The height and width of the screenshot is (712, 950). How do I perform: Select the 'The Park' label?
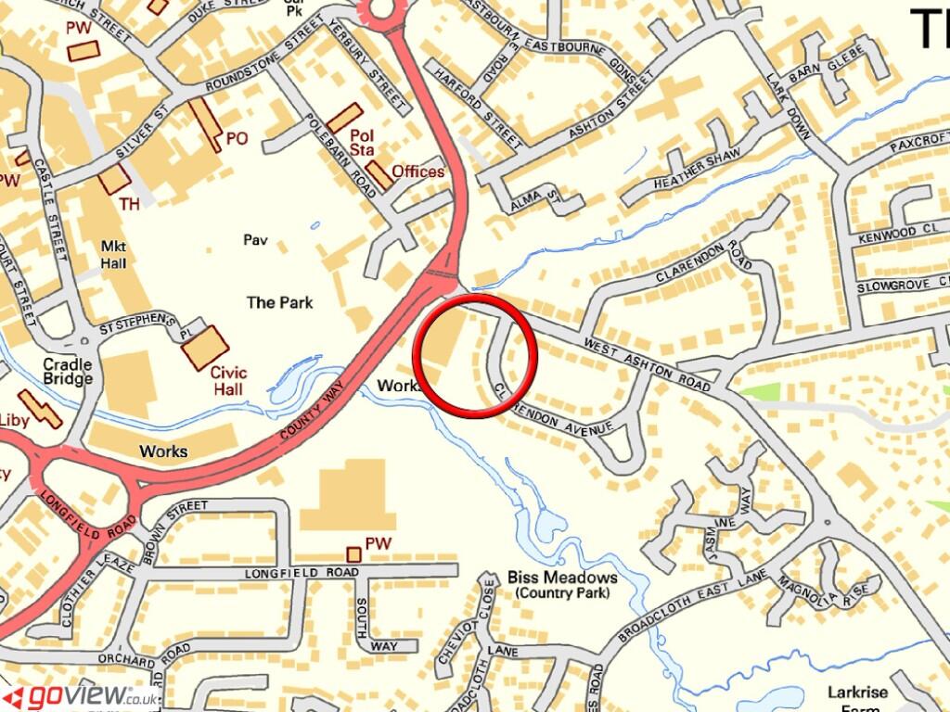(x=279, y=302)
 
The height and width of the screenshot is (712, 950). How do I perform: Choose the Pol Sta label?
(x=362, y=141)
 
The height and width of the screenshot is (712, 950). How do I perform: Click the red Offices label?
(x=417, y=172)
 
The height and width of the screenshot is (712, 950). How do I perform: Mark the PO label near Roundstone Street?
(x=237, y=139)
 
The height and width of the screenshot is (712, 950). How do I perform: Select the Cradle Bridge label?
(x=68, y=371)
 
